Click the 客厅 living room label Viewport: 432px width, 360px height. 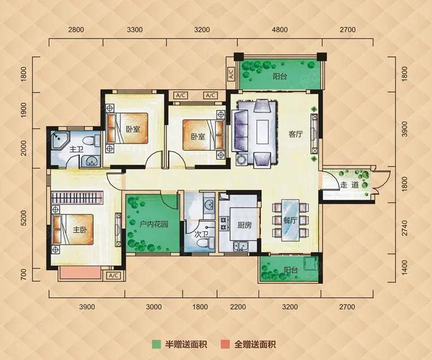click(296, 134)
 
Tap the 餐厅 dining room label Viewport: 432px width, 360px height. click(290, 220)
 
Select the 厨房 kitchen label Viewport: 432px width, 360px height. click(244, 225)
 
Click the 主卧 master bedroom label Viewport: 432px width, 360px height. click(80, 230)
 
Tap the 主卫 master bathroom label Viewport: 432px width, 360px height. click(77, 150)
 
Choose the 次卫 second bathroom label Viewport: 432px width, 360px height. click(201, 234)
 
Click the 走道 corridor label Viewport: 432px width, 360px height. click(349, 184)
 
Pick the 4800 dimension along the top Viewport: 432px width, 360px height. click(279, 30)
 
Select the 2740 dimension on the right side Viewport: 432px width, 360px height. click(405, 228)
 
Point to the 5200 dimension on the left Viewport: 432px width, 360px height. click(24, 218)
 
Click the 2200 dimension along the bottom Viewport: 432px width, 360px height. click(238, 306)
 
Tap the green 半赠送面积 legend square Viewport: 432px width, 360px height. click(156, 344)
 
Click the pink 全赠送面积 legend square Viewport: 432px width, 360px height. click(225, 344)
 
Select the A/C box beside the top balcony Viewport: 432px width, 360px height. click(231, 74)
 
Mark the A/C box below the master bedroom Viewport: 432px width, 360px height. click(114, 275)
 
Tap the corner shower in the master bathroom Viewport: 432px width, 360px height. click(59, 140)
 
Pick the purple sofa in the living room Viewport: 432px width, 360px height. click(240, 130)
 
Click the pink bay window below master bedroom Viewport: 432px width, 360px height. click(80, 273)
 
